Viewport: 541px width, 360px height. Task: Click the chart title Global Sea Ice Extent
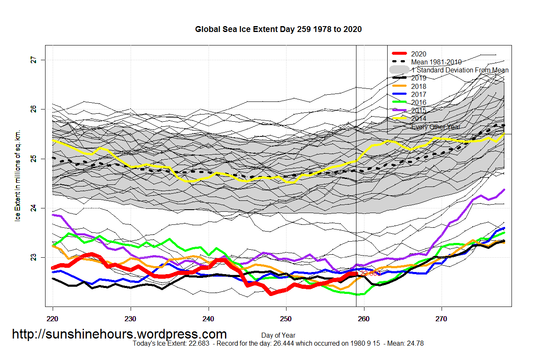tap(278, 29)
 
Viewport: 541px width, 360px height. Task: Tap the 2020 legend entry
tap(419, 54)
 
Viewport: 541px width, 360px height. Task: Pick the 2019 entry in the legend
tap(419, 78)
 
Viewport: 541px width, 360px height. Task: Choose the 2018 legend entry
tap(419, 86)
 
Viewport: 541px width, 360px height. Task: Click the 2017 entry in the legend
tap(419, 94)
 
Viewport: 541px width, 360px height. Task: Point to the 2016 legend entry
tap(419, 102)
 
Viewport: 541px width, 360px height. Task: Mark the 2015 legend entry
tap(419, 110)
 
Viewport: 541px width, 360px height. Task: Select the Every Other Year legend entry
tap(436, 127)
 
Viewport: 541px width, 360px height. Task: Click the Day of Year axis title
tap(278, 336)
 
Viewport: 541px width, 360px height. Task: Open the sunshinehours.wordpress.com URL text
tap(119, 334)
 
